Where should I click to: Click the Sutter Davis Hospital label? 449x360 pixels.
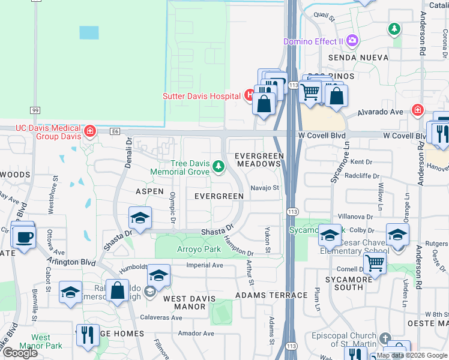point(202,96)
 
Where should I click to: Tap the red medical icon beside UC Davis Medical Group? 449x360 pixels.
point(90,131)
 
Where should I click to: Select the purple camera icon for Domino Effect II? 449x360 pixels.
point(352,41)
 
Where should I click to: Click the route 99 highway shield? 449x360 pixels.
point(35,110)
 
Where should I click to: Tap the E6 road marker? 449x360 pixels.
point(115,131)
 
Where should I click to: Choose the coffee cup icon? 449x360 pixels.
point(24,237)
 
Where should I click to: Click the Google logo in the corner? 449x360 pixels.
point(20,353)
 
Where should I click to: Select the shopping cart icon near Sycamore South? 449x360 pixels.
point(375,262)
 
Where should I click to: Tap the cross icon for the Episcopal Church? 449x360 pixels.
point(385,338)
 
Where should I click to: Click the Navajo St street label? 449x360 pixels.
point(265,188)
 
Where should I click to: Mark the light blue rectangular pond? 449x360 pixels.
point(89,32)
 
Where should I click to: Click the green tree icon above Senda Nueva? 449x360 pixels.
point(394,28)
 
